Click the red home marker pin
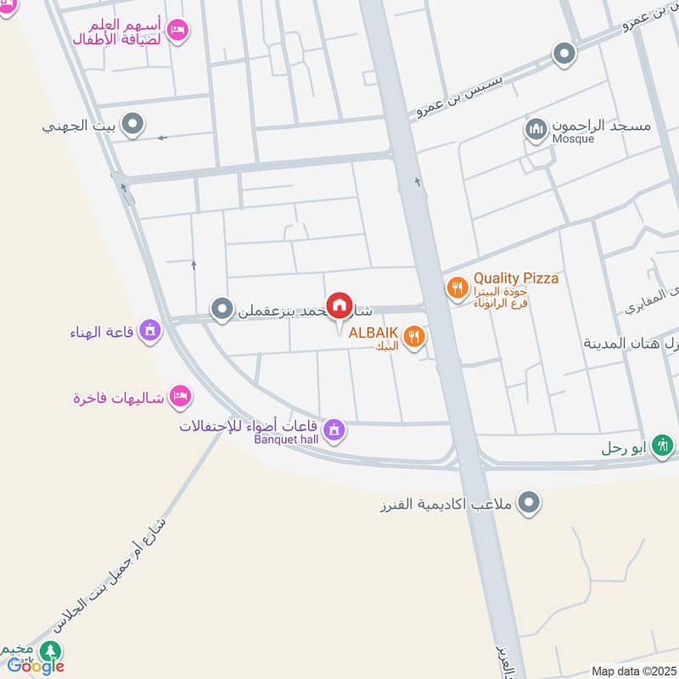tap(339, 306)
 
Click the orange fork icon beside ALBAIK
tap(413, 338)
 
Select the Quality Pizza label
tap(516, 278)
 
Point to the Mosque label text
tap(573, 138)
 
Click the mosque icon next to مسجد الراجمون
tap(535, 130)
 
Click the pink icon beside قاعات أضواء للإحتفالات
tap(334, 430)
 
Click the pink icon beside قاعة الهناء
tap(150, 331)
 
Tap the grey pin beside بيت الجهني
tap(132, 126)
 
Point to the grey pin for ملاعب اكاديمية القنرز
tap(530, 503)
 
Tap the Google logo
tap(36, 666)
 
